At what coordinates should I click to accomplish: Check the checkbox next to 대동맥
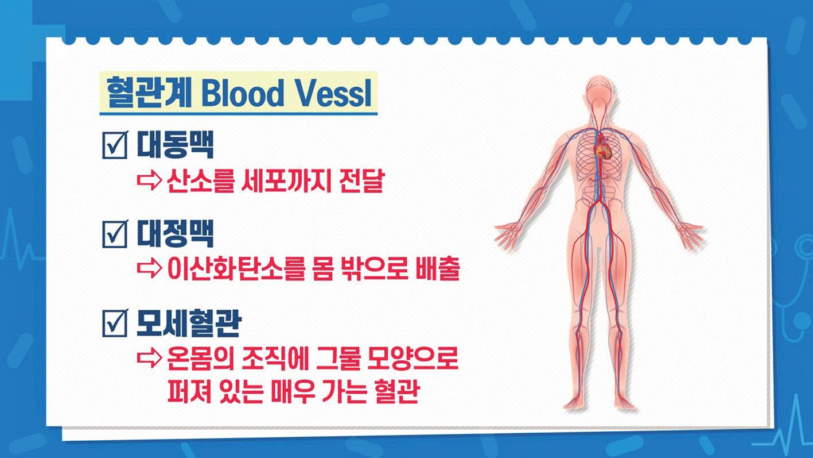115,145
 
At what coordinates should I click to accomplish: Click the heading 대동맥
175,145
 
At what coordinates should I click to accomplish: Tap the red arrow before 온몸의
150,357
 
